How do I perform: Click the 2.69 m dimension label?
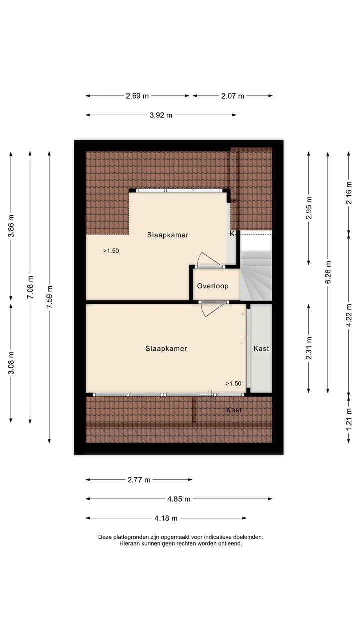137,96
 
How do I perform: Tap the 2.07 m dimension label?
233,96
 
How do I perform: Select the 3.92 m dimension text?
161,115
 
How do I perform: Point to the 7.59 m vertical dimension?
49,297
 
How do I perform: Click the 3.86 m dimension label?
11,226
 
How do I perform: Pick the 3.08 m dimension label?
11,363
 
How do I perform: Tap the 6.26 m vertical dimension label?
328,272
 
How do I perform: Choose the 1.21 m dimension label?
349,420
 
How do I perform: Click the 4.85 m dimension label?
179,499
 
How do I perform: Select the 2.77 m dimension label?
139,480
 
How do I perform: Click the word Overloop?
213,286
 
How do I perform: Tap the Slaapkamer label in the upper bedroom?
168,235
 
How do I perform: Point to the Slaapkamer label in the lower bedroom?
166,348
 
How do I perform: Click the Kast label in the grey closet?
261,348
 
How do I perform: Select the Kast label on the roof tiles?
234,410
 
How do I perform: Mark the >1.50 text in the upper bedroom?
111,251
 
